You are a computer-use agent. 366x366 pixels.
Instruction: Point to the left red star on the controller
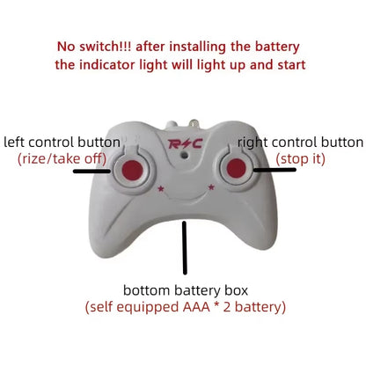pos(159,187)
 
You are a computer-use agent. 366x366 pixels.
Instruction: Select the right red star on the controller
pos(211,187)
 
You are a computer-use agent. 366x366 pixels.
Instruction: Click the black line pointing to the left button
pos(91,172)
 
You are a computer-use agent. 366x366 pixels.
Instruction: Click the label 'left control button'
pos(62,142)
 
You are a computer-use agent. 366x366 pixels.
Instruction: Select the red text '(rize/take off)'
pos(62,158)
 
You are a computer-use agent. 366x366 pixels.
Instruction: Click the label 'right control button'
pos(301,141)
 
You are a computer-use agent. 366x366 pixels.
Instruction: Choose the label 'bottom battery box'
pos(185,290)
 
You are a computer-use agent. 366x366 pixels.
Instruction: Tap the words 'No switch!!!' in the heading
pos(94,46)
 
